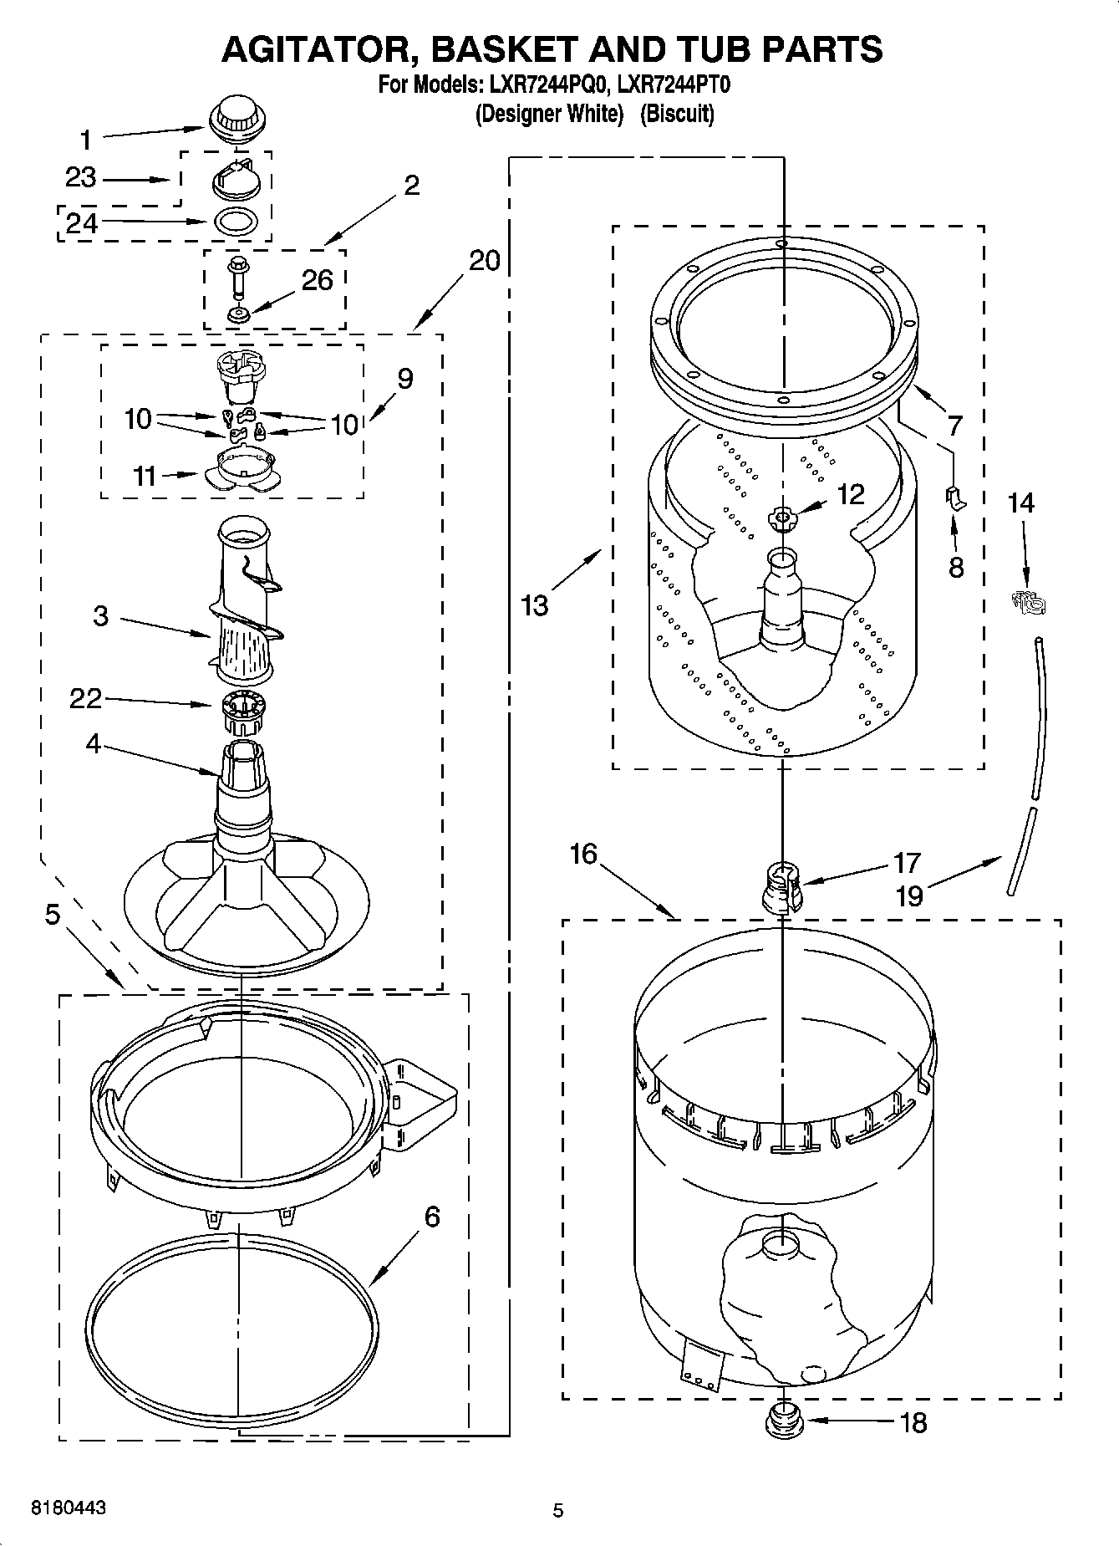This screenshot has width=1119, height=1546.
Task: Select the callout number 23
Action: (81, 178)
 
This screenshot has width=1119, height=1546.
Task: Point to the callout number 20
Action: (484, 261)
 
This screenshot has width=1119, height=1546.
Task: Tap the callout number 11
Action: (144, 476)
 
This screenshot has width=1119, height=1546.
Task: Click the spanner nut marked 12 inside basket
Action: (782, 518)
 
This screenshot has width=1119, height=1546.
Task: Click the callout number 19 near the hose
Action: (909, 896)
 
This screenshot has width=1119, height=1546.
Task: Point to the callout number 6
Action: (431, 1216)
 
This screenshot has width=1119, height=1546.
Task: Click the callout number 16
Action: (583, 855)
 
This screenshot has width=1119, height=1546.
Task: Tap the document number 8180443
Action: (69, 1508)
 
